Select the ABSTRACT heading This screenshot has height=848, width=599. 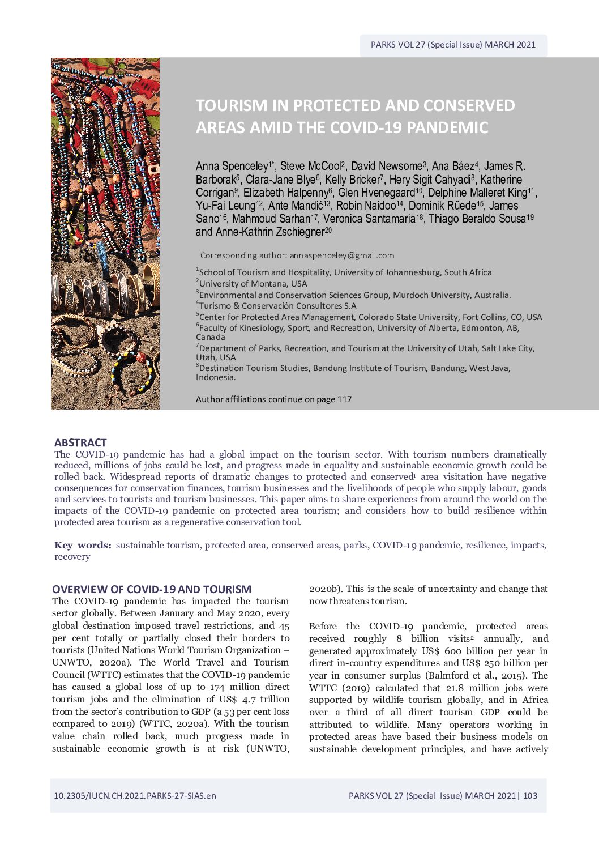[x=80, y=442]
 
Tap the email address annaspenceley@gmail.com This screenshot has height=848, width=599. [x=342, y=255]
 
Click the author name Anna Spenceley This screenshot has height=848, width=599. [x=232, y=167]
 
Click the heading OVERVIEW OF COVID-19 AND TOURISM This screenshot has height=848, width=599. [x=152, y=589]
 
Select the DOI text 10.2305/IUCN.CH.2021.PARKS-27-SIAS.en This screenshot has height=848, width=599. [x=135, y=795]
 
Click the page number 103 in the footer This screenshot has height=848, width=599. [x=530, y=795]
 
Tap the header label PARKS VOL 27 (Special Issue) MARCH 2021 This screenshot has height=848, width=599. [x=453, y=45]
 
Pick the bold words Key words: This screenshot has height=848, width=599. [x=83, y=545]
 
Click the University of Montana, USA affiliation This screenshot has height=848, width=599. [x=253, y=284]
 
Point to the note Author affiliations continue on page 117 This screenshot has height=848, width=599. [x=273, y=399]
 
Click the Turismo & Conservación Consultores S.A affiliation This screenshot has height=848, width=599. [x=277, y=306]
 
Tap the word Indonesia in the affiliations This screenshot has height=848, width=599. [x=215, y=377]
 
